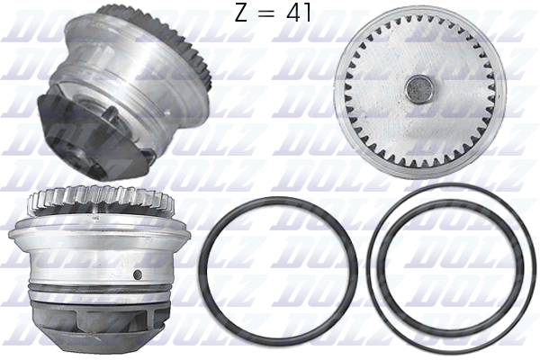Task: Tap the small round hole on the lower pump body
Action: (137, 274)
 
